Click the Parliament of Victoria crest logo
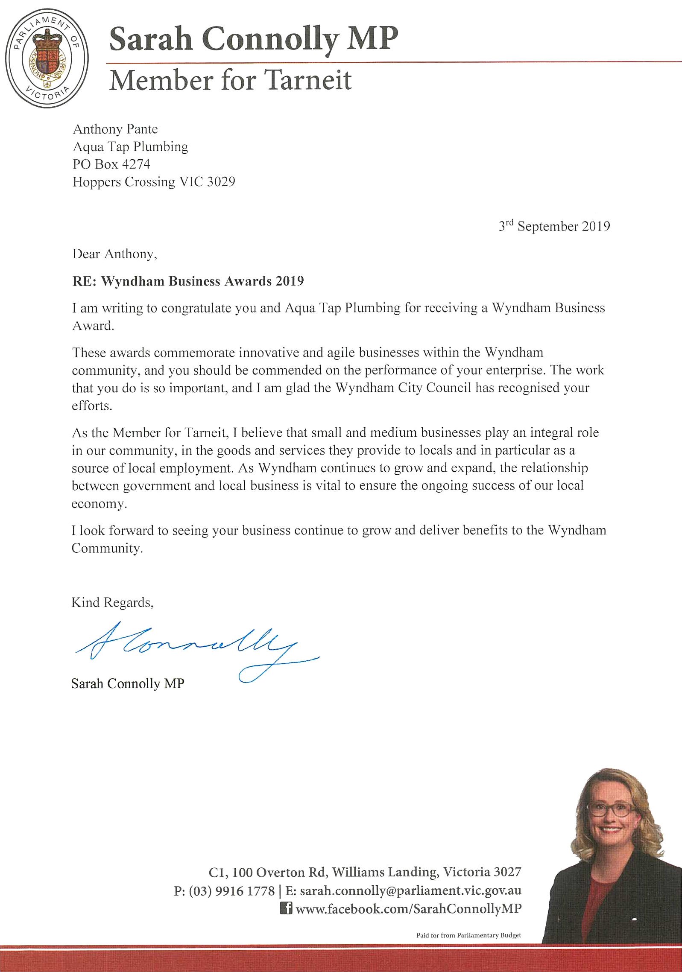[47, 58]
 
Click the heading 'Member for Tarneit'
[230, 80]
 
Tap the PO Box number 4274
[136, 164]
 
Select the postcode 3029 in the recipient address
[221, 182]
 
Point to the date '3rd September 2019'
[554, 226]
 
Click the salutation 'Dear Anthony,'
[114, 254]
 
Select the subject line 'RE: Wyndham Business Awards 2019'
[188, 281]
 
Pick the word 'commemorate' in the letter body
[194, 353]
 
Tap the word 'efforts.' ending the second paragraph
[92, 406]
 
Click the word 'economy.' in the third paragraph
[99, 504]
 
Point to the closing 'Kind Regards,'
[112, 602]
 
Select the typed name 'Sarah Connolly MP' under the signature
[128, 683]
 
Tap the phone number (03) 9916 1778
[231, 891]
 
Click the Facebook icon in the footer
[286, 908]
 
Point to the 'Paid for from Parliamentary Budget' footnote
[468, 935]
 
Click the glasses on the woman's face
[611, 809]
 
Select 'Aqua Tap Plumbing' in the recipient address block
[130, 147]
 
